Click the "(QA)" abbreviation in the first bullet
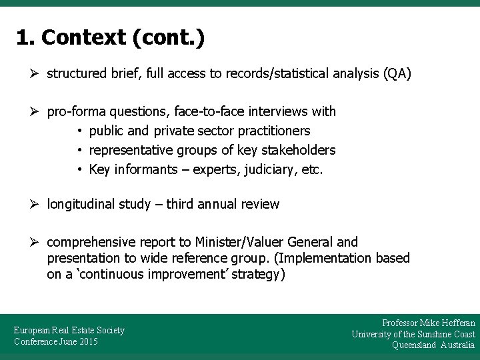[x=397, y=73]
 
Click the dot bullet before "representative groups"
[x=79, y=150]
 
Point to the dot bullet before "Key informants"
[x=79, y=169]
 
